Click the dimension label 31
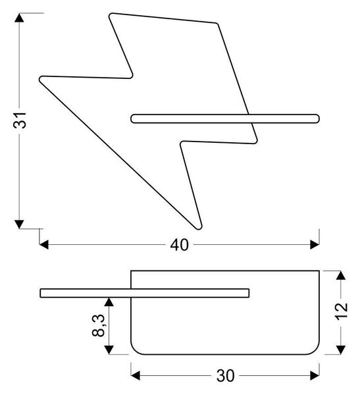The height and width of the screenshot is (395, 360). click(x=20, y=120)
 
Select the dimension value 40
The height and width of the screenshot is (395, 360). click(x=179, y=245)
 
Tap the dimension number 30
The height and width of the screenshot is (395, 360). click(x=225, y=376)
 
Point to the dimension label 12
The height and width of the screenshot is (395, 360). click(x=342, y=311)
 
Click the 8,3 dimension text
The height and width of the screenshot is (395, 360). click(x=98, y=325)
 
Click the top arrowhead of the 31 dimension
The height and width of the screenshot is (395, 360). click(x=19, y=18)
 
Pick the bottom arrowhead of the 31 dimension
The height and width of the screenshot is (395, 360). click(x=19, y=224)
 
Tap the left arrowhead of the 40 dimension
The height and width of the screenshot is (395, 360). click(x=44, y=245)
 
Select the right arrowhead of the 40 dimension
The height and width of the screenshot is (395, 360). click(x=315, y=245)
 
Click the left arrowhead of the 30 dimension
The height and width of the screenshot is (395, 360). click(x=136, y=376)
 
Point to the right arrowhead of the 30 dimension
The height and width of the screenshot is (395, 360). click(x=315, y=376)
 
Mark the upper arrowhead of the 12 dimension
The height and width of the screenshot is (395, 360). click(x=341, y=275)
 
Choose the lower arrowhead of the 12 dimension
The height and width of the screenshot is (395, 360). click(x=341, y=350)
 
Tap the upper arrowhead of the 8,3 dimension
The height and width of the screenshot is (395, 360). click(x=109, y=302)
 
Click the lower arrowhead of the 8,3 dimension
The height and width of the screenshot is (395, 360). click(x=109, y=350)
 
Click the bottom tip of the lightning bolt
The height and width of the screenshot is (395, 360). click(x=199, y=228)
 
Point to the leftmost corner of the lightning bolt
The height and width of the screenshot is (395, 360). click(x=40, y=79)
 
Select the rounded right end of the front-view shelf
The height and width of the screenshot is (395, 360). click(x=319, y=118)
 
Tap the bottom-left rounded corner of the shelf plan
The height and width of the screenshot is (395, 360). click(x=135, y=350)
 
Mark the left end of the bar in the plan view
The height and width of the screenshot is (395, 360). click(x=41, y=293)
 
